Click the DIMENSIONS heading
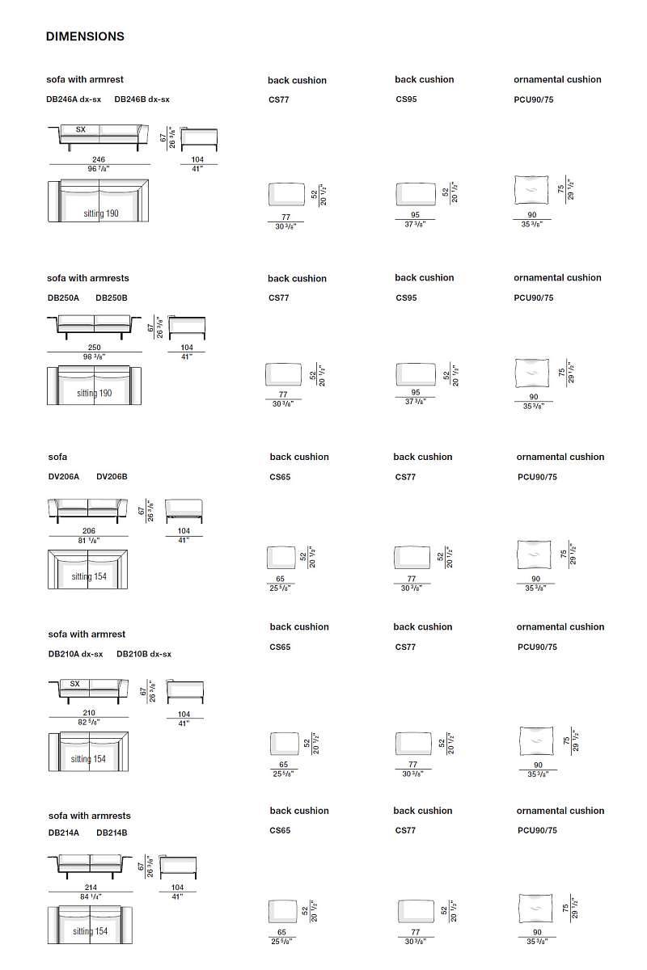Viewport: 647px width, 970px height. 85,36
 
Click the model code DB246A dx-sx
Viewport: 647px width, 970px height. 74,99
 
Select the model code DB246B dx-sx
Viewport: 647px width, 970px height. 142,99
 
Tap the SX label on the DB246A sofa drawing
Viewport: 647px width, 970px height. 80,129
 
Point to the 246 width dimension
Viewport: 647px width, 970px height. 98,160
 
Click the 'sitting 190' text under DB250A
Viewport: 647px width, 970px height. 95,393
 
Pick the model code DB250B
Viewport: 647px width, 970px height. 112,297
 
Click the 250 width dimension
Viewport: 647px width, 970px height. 95,348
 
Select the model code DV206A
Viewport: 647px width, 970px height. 64,477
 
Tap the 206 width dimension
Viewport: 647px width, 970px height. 89,531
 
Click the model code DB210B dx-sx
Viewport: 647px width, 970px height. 144,654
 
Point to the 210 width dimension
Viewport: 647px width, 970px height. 89,713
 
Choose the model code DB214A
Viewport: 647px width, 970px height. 64,832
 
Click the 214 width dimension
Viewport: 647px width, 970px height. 91,888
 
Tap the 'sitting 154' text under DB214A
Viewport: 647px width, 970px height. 90,931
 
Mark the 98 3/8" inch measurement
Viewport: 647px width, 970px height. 95,356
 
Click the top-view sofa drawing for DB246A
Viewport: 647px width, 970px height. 99,200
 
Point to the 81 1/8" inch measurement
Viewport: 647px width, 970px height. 89,540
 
